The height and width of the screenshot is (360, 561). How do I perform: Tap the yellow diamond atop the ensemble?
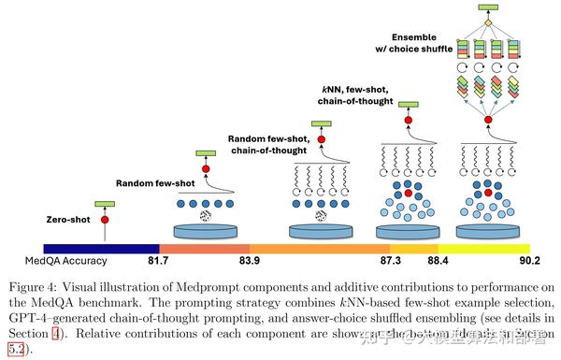point(485,22)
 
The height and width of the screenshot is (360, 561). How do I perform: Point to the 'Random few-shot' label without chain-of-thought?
point(152,183)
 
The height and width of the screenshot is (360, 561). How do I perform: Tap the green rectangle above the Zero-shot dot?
point(105,203)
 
